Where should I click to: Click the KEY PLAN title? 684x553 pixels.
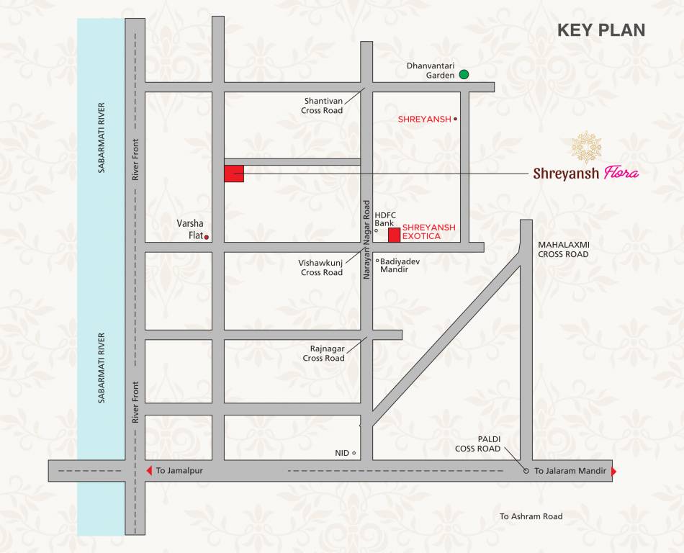point(601,30)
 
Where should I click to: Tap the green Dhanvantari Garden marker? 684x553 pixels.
point(464,74)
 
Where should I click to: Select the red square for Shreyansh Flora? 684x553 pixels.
point(234,174)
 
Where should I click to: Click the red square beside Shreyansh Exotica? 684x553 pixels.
point(395,235)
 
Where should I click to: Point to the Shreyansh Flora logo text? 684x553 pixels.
point(585,174)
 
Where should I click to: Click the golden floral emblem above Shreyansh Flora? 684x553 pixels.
point(587,147)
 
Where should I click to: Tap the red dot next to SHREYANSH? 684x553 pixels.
point(456,119)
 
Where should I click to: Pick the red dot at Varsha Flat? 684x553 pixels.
point(207,237)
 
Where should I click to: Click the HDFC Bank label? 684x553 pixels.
point(384,219)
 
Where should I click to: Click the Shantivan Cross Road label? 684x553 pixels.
point(323,106)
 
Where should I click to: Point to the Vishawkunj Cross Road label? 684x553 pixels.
point(321,268)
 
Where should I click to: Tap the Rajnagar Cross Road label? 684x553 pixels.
point(323,354)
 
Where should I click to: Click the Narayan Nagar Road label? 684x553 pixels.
point(366,240)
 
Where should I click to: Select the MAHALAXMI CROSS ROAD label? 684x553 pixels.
point(563,249)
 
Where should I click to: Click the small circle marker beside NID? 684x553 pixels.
point(354,453)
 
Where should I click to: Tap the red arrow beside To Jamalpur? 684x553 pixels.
point(149,471)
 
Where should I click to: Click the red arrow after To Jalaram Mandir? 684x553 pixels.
point(613,471)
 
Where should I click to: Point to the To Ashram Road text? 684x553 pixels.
point(531,516)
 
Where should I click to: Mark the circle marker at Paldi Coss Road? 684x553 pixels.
point(526,471)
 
